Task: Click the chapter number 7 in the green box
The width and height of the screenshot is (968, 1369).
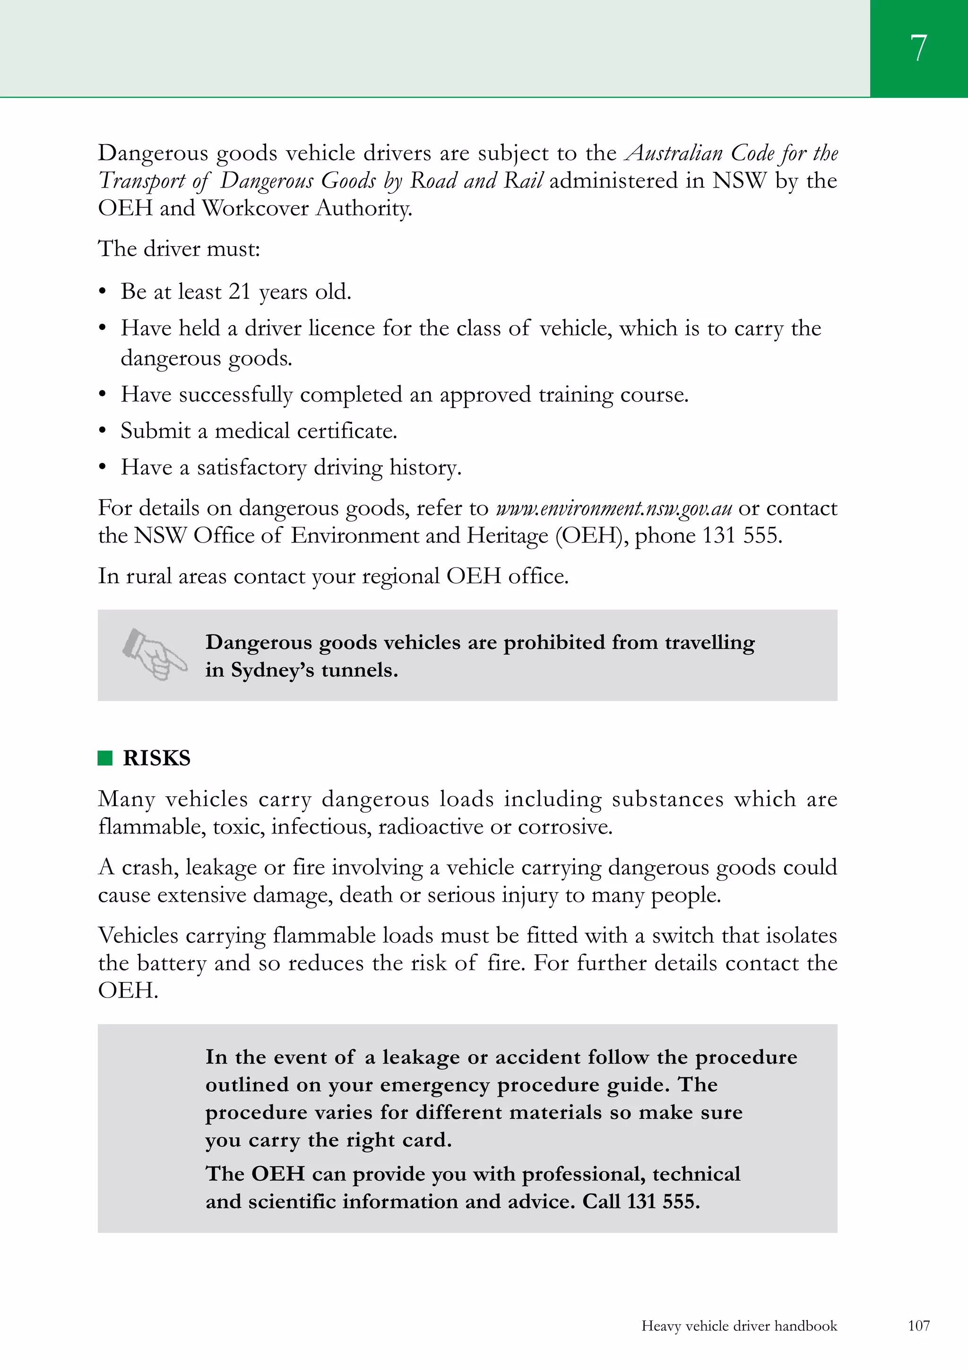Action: click(x=918, y=48)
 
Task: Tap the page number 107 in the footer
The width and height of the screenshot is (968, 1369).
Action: click(x=918, y=1326)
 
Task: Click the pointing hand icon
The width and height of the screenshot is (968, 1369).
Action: click(x=155, y=654)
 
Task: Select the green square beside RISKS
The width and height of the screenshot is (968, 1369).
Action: click(x=105, y=758)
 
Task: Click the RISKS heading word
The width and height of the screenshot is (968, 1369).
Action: click(x=156, y=758)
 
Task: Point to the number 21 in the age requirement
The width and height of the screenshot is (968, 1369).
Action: click(x=239, y=292)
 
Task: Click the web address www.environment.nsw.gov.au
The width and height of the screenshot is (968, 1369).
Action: click(x=614, y=508)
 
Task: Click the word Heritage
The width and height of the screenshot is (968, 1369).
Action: click(x=507, y=535)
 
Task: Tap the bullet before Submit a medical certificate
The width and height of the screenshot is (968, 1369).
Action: click(x=103, y=431)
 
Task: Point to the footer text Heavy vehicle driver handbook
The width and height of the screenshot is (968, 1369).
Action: click(x=739, y=1326)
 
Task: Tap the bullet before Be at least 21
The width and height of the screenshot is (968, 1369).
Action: click(x=103, y=292)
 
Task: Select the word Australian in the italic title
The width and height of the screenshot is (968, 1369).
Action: click(x=674, y=153)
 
